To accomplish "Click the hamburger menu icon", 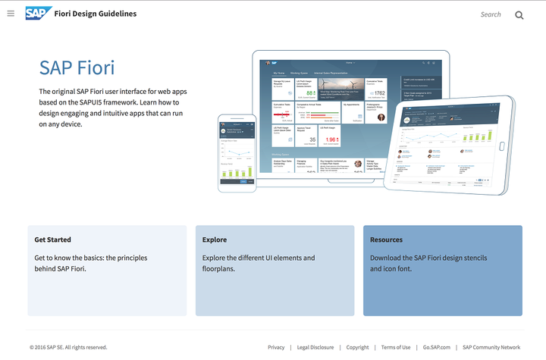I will point(11,14).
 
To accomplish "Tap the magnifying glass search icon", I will point(519,14).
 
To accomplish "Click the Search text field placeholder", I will point(491,14).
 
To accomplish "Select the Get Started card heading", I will point(53,240).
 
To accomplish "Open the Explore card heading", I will point(215,240).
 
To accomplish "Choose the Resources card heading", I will point(386,240).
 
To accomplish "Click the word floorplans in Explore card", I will point(221,268).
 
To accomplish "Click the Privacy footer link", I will point(276,347).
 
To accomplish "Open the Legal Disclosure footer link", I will point(315,347).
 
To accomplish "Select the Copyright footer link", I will point(357,347).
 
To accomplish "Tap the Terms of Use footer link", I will point(396,347).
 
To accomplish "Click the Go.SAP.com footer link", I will point(437,347).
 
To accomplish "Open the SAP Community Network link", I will point(491,347).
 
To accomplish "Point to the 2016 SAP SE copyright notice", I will point(68,347).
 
